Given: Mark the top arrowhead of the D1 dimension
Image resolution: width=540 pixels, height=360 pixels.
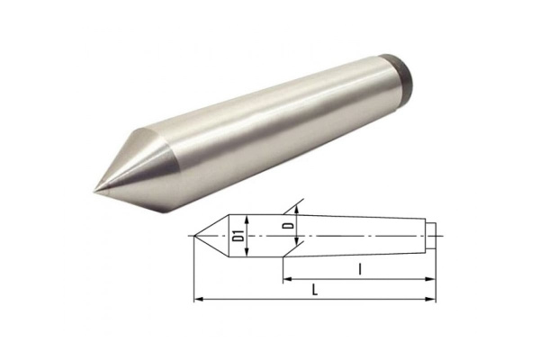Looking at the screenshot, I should [245, 219].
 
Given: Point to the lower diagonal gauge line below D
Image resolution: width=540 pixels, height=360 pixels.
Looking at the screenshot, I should [286, 263].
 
